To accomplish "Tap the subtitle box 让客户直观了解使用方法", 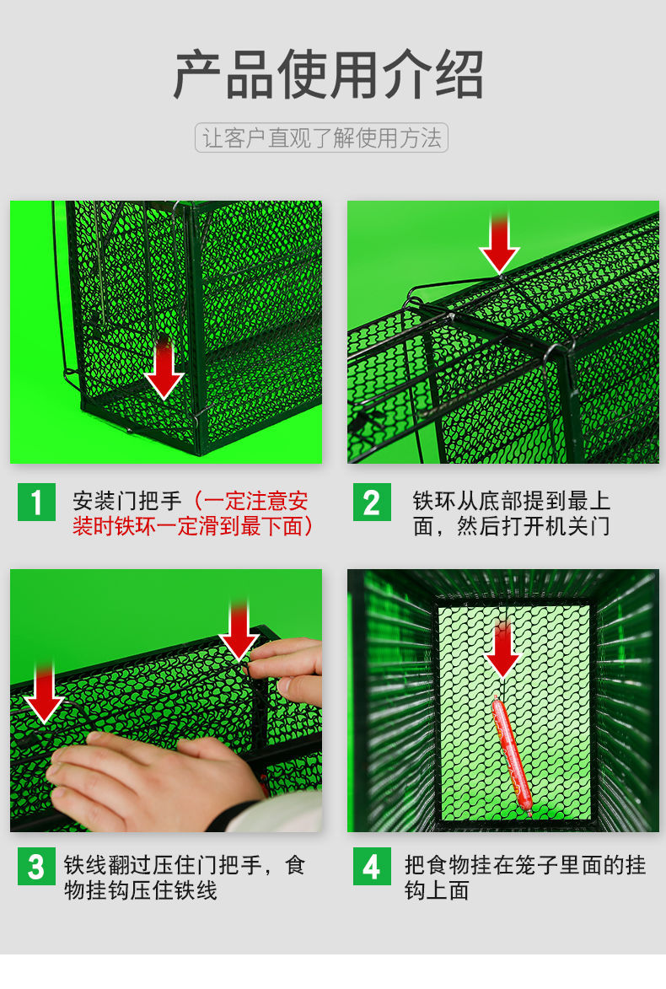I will click(x=322, y=138).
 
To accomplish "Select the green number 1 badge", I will click(x=36, y=503).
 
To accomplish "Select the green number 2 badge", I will click(x=372, y=503).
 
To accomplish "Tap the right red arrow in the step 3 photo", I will click(x=239, y=631).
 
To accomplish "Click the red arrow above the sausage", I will click(x=503, y=651).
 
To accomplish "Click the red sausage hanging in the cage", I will click(x=512, y=755).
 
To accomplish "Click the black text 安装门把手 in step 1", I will click(x=126, y=502).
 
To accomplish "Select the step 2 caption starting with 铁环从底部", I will click(x=511, y=513).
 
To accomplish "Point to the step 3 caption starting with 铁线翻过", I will click(x=184, y=878).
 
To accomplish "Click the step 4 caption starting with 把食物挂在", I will click(x=524, y=878).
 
